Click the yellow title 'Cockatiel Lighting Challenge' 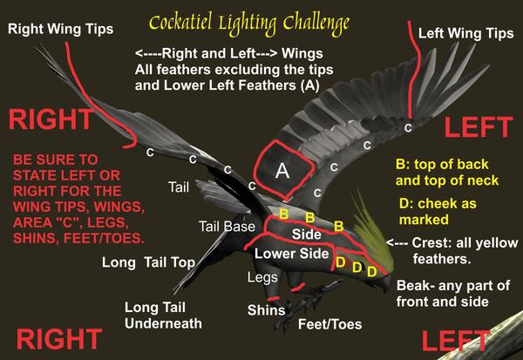coord(249,24)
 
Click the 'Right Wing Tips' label coord(61,29)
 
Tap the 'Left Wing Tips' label coord(466,33)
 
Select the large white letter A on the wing coord(282,171)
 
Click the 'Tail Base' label coord(228,227)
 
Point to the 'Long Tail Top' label coord(149,263)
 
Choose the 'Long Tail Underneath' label coord(164,316)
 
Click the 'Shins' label coord(266,310)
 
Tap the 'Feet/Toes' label coord(329,324)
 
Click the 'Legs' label coord(262,277)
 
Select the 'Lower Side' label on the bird coord(292,254)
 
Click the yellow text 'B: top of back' coord(442,165)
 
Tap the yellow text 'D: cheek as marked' coord(438,212)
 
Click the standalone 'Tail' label coord(179,187)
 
